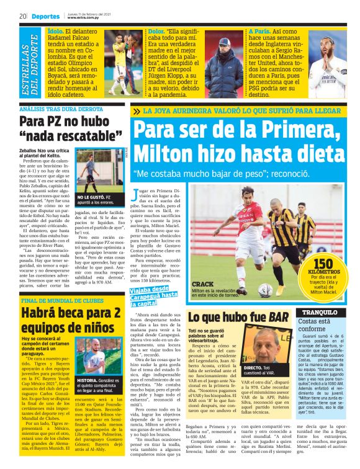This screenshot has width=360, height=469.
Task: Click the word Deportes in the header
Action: click(x=47, y=16)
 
